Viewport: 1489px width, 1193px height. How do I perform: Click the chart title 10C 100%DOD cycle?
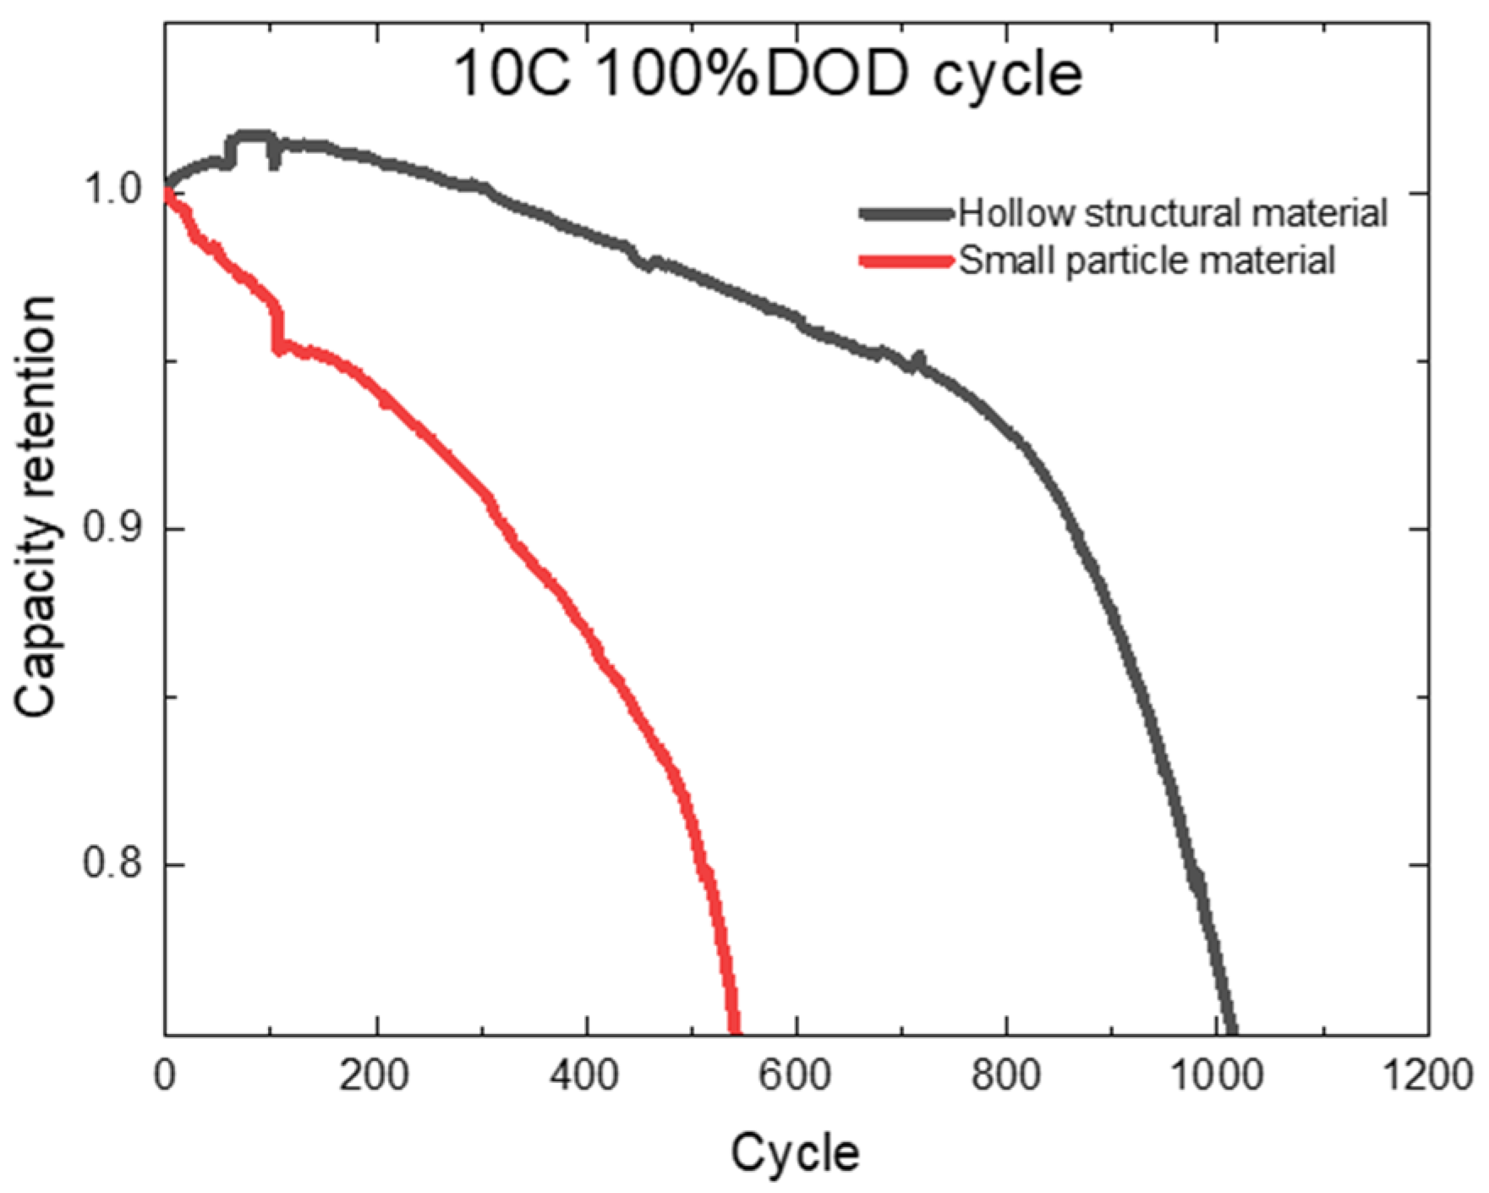click(x=768, y=74)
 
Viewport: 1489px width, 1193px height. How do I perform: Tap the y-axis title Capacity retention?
click(x=36, y=506)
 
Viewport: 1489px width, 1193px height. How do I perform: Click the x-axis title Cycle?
click(x=795, y=1152)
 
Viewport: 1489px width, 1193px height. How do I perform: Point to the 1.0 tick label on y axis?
click(x=110, y=190)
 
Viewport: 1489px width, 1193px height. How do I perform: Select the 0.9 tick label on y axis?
click(x=110, y=528)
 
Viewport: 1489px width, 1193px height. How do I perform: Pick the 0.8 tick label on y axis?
click(x=110, y=864)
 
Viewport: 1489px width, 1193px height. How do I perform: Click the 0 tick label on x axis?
click(x=165, y=1075)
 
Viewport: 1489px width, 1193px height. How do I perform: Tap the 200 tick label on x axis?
click(x=375, y=1075)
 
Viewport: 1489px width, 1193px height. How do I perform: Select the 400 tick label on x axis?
click(x=585, y=1075)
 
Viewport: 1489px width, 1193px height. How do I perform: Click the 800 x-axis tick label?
click(x=1005, y=1075)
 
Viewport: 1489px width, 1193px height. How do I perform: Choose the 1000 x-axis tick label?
click(x=1216, y=1075)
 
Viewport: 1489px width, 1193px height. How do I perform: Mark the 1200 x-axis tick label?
click(x=1427, y=1075)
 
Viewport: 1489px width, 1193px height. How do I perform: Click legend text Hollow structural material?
click(x=1172, y=213)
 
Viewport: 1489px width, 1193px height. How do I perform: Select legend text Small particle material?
click(x=1146, y=261)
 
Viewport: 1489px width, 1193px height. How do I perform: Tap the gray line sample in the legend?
click(x=906, y=213)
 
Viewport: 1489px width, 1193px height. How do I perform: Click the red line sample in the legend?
click(x=906, y=261)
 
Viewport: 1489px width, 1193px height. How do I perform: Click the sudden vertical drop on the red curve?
click(x=277, y=330)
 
